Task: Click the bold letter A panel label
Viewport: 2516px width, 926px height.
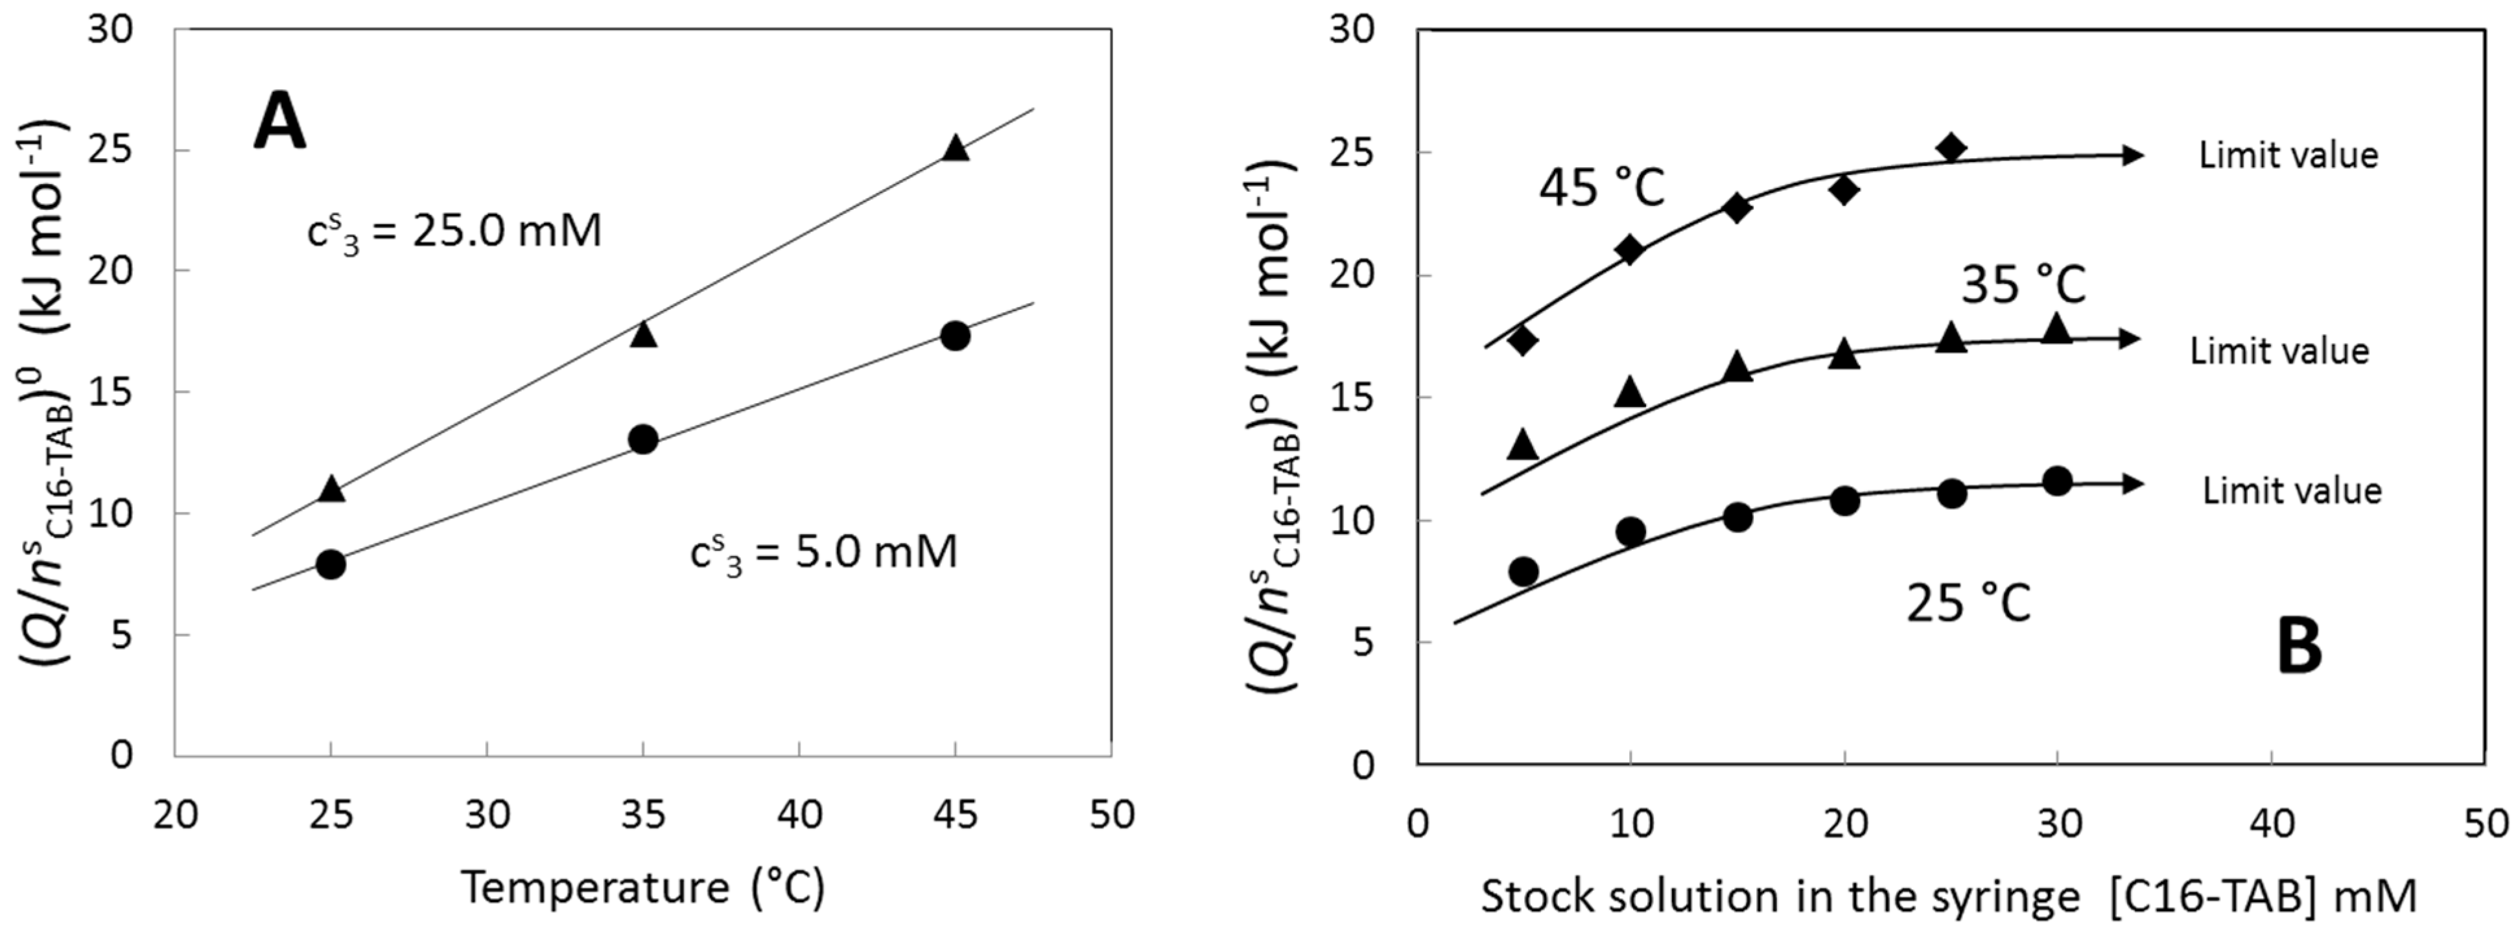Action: tap(279, 126)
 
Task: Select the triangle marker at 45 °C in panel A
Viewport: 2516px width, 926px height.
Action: tap(955, 148)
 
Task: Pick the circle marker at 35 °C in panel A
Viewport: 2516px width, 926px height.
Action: tap(642, 439)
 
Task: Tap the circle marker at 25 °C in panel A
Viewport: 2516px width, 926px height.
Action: tap(331, 564)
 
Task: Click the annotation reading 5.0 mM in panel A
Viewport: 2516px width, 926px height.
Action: tap(823, 555)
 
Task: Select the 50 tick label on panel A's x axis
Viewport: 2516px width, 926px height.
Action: tap(1112, 814)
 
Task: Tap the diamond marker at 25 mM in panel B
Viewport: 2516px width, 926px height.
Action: tap(1951, 148)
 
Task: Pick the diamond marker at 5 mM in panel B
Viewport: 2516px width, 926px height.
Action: tap(1523, 340)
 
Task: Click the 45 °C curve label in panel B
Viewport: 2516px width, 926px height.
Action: tap(1602, 187)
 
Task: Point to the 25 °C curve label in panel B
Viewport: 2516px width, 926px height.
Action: tap(1968, 603)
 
